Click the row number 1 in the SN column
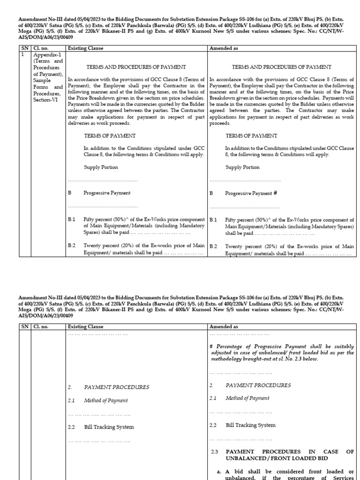pos(22,54)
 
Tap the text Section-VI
pos(45,100)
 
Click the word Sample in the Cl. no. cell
pos(41,80)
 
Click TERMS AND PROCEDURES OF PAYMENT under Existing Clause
pos(136,67)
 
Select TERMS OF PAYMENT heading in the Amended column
pos(251,135)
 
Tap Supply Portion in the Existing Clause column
pos(101,167)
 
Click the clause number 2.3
pos(215,451)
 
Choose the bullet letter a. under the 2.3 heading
pos(218,471)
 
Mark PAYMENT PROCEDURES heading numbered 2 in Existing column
pos(117,387)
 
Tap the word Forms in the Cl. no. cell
pos(41,87)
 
